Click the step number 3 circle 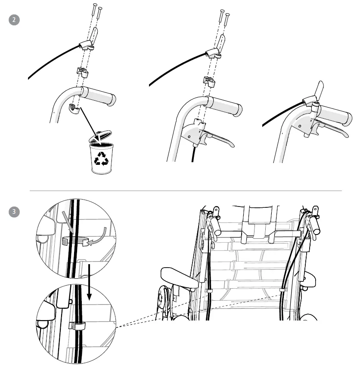coord(14,211)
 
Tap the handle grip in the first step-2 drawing coord(98,96)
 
